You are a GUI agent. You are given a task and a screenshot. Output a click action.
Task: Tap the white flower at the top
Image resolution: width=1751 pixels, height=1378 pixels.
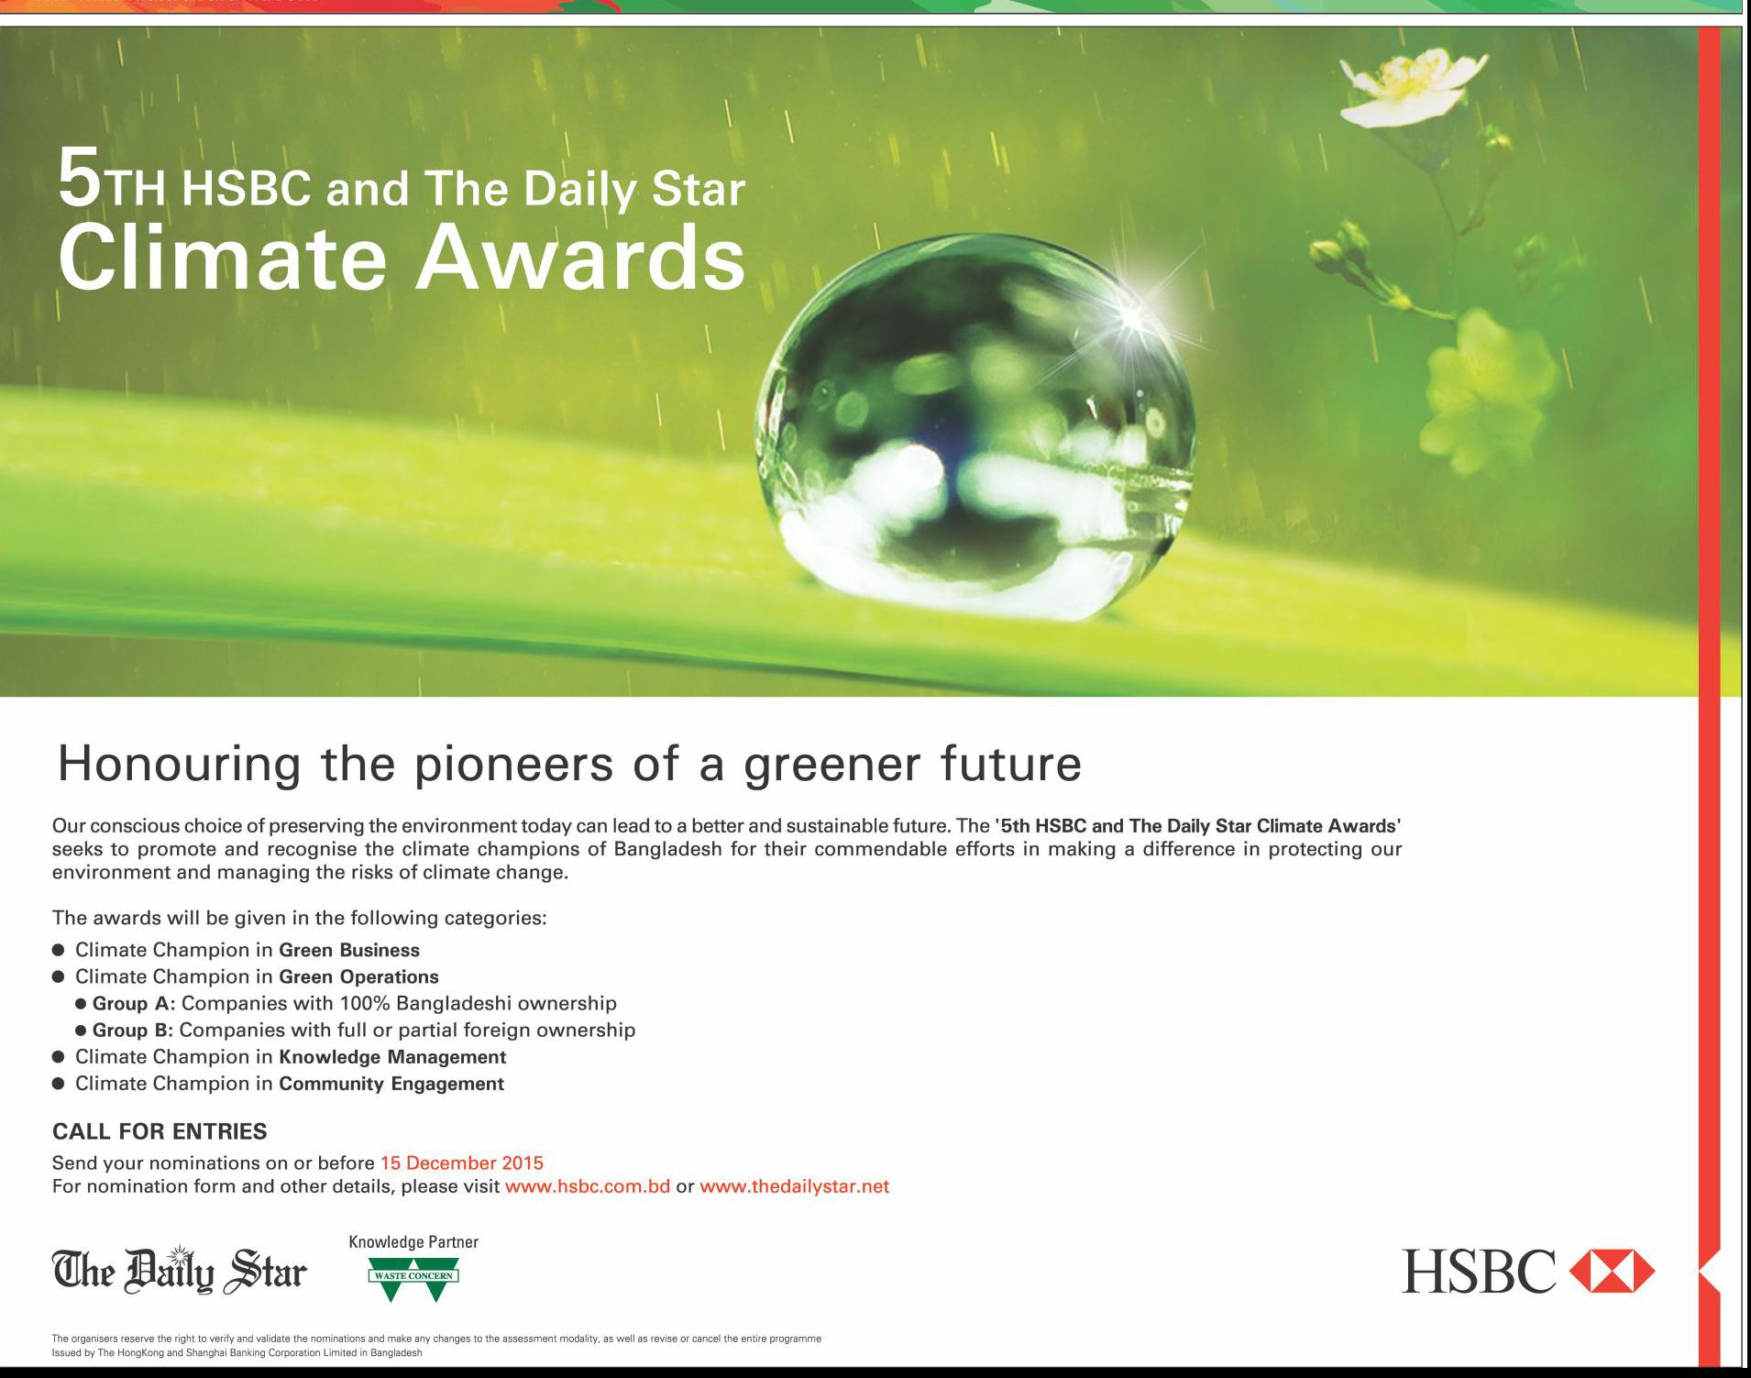click(1413, 86)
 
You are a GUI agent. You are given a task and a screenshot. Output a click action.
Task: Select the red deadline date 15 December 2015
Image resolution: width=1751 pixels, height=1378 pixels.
click(462, 1163)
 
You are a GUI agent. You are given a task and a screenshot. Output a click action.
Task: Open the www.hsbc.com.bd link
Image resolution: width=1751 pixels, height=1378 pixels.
click(588, 1186)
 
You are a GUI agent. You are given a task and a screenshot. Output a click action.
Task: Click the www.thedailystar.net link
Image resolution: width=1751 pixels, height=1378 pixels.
click(795, 1186)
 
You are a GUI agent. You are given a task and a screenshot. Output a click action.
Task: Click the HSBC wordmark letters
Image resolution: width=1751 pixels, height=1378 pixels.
click(1479, 1271)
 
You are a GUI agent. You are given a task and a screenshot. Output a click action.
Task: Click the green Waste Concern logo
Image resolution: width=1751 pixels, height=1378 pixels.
click(413, 1279)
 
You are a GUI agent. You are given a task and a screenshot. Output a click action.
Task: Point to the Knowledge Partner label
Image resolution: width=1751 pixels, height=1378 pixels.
click(413, 1242)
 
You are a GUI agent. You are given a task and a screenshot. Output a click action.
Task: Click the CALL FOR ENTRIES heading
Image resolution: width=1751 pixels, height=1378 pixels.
click(160, 1131)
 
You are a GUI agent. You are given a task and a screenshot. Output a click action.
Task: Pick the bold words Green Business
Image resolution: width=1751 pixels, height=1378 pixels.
click(349, 950)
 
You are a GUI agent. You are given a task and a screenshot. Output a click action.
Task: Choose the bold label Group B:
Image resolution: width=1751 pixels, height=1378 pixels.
click(133, 1030)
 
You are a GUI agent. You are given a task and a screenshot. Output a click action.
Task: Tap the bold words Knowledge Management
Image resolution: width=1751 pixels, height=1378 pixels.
click(392, 1057)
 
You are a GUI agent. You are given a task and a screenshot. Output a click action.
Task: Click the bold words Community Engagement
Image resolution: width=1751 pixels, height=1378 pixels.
click(391, 1084)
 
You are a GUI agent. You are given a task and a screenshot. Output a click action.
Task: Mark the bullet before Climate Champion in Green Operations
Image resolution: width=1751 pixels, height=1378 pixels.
click(59, 976)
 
